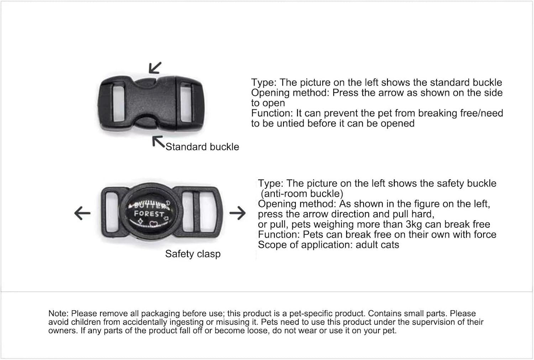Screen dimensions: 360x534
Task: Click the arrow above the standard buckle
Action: pos(155,67)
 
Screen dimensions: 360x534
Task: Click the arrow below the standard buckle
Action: pos(158,142)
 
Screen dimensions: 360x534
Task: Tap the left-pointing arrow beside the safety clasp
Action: pos(82,213)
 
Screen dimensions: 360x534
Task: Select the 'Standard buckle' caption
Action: pos(202,147)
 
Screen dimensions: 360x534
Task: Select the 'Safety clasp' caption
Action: pos(193,254)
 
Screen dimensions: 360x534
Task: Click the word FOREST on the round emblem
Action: pos(148,214)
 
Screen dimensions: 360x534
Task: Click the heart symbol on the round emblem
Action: pos(153,224)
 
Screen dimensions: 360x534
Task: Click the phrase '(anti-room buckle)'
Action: pos(302,194)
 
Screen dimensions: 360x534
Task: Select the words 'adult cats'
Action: pos(377,245)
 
